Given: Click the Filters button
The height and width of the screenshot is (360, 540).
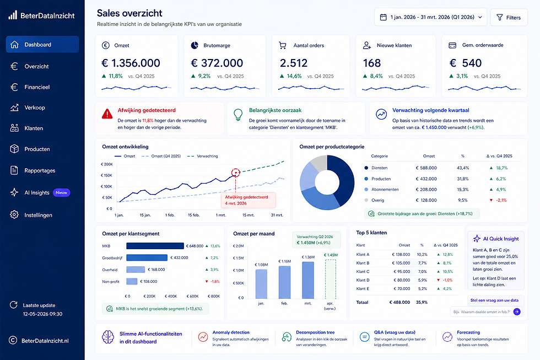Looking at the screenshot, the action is (509, 17).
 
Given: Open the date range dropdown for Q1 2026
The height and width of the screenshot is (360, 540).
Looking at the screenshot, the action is (430, 17).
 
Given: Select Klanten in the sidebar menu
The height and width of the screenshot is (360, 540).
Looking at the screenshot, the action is (34, 128).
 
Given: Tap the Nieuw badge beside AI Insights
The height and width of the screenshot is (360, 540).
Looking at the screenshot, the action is (61, 192).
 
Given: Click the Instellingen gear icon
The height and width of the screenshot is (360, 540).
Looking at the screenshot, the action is (14, 214).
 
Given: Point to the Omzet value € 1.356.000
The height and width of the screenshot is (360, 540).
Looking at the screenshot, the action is (131, 63).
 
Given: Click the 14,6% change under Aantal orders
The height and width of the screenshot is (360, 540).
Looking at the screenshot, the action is (294, 76).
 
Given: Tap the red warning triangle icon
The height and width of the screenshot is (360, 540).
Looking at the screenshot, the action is (107, 114).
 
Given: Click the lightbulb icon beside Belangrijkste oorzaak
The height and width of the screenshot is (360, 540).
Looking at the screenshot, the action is (238, 115).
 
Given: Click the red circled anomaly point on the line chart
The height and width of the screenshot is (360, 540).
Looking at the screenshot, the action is (236, 173).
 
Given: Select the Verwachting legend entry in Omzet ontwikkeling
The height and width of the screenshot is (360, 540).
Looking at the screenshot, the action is (203, 156).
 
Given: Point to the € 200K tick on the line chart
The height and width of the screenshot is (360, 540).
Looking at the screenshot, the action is (107, 164).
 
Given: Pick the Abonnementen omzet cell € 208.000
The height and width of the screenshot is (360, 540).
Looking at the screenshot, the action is (426, 190).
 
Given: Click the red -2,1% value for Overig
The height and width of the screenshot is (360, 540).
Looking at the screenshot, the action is (501, 200).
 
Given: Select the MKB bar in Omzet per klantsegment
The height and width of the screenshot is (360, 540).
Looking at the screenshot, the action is (155, 246).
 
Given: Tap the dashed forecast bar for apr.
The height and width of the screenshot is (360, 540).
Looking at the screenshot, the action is (331, 279).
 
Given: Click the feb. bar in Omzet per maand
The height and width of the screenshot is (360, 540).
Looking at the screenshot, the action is (284, 282).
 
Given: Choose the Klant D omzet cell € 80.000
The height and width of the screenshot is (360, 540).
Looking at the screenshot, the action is (402, 280).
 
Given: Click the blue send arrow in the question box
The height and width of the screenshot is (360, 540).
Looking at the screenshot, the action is (517, 312).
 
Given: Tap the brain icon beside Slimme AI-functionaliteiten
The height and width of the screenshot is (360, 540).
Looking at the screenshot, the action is (108, 337).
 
